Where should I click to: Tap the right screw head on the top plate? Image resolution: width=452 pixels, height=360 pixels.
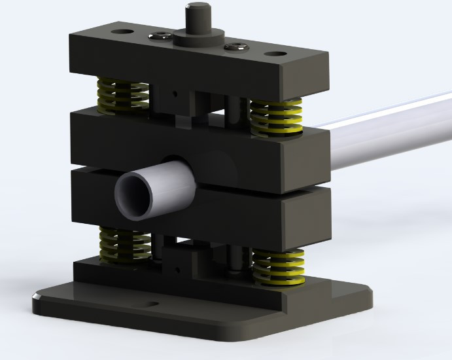235,46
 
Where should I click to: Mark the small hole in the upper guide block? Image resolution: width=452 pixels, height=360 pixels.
174,93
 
